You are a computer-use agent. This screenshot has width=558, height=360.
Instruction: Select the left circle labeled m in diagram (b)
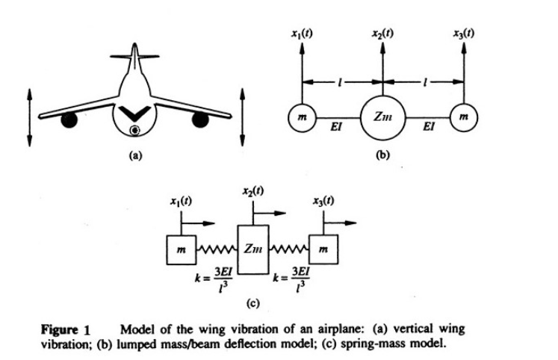pyautogui.click(x=302, y=117)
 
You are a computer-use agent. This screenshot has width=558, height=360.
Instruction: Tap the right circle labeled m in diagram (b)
pyautogui.click(x=464, y=117)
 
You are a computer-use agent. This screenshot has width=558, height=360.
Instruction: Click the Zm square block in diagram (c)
pyautogui.click(x=252, y=246)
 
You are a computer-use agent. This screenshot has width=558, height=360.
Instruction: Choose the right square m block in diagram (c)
pyautogui.click(x=322, y=247)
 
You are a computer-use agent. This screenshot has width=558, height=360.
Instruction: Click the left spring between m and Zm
pyautogui.click(x=216, y=246)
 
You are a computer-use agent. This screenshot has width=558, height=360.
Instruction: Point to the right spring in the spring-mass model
pyautogui.click(x=288, y=246)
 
